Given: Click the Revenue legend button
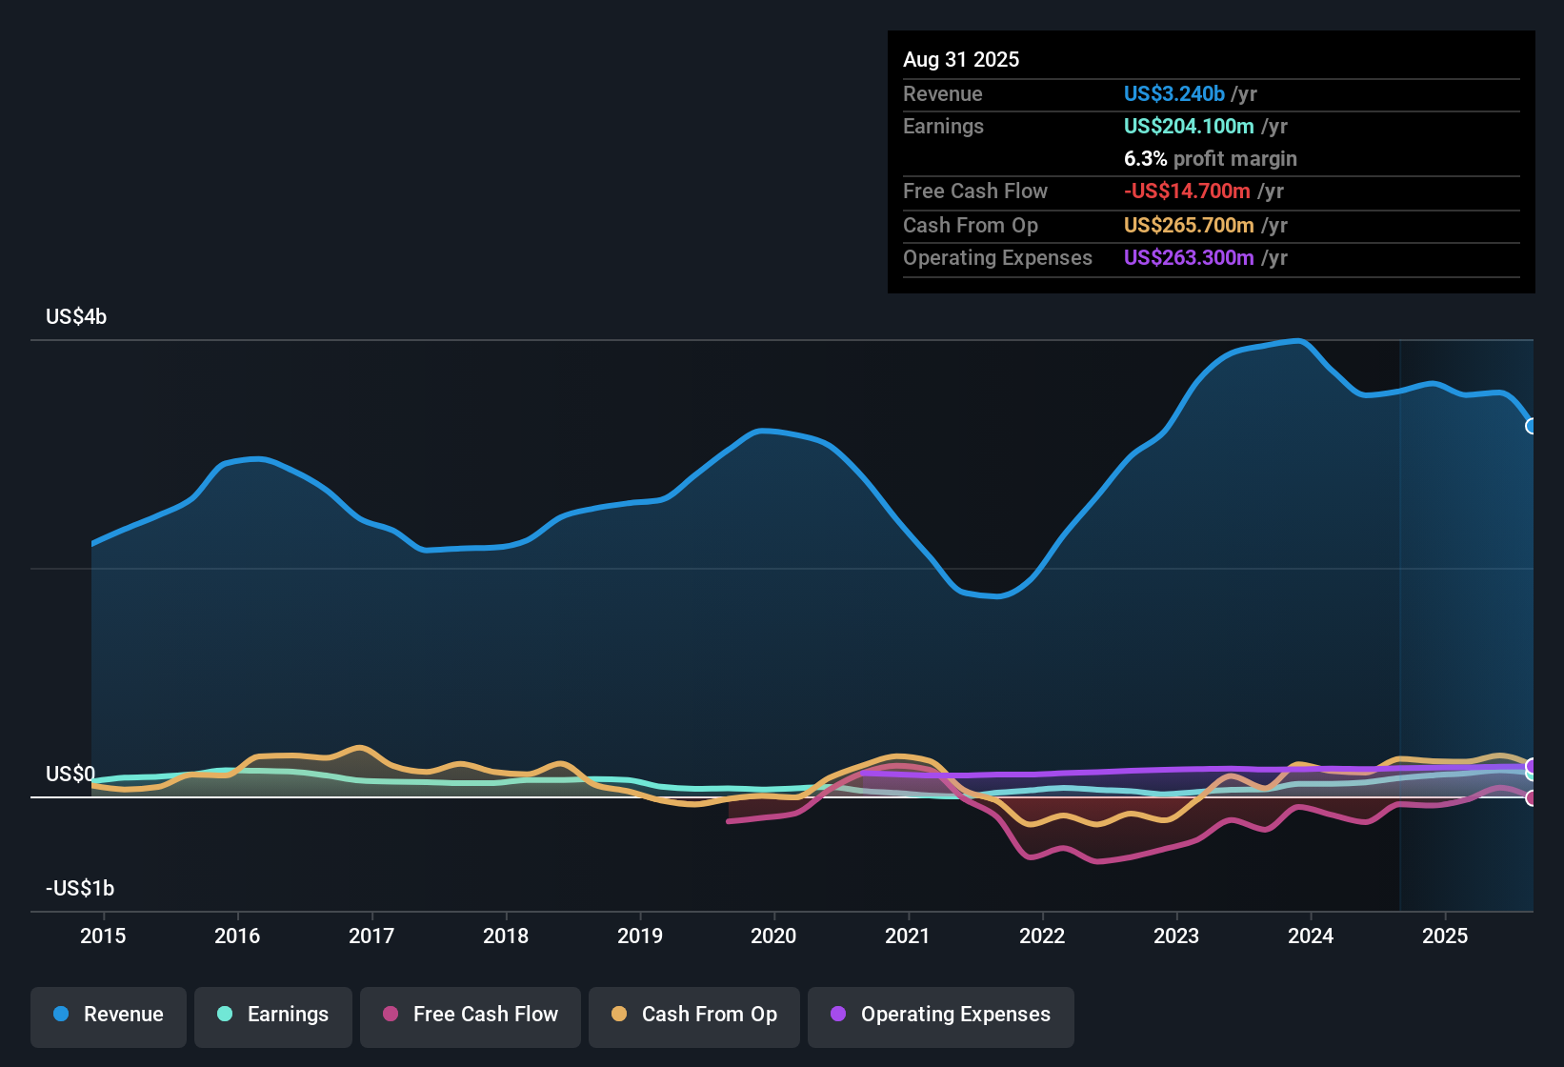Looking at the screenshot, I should [109, 1015].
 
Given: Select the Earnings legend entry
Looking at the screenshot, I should [273, 1015].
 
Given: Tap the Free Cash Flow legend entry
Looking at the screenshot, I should [471, 1015].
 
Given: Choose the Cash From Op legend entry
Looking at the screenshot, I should [694, 1015].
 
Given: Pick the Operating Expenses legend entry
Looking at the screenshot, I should [941, 1015].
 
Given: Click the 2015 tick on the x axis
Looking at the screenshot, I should [103, 936].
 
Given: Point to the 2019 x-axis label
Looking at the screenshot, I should [640, 936].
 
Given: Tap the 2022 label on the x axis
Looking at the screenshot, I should [1042, 936].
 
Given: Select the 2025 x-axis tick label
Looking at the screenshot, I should [1445, 936].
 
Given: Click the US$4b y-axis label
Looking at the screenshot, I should [76, 316].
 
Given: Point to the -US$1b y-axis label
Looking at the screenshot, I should [80, 888].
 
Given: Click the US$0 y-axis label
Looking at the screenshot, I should [70, 774].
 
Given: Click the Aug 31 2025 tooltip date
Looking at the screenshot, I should [961, 59].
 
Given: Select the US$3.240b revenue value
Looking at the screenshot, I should [1173, 93].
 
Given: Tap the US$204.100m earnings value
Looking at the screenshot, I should [1188, 126].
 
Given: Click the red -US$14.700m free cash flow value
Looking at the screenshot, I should [1187, 191].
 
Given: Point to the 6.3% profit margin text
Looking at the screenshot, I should [1210, 158].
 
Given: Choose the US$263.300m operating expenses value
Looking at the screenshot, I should [1188, 257].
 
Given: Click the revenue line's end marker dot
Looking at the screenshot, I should [1532, 426].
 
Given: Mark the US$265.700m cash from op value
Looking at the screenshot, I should [1188, 225].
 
